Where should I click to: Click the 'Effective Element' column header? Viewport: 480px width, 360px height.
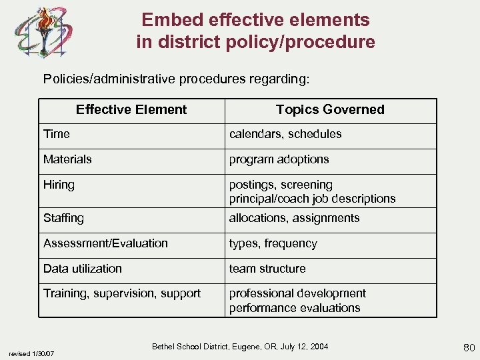pyautogui.click(x=131, y=110)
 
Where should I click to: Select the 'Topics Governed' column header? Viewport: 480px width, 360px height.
pyautogui.click(x=330, y=110)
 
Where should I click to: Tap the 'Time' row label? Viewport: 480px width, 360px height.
pyautogui.click(x=57, y=134)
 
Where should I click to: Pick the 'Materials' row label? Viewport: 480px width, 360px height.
pyautogui.click(x=67, y=159)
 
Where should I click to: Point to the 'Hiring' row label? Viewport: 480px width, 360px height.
pyautogui.click(x=59, y=185)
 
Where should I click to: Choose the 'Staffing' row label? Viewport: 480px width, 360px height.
pyautogui.click(x=63, y=218)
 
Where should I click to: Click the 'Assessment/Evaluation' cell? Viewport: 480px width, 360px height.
pyautogui.click(x=105, y=243)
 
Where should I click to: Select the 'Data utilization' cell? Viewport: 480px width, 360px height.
pyautogui.click(x=83, y=269)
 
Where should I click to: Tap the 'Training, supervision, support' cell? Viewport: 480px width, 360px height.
pyautogui.click(x=122, y=293)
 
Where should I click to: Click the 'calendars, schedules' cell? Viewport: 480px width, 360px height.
pyautogui.click(x=285, y=134)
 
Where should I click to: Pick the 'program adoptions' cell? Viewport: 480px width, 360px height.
pyautogui.click(x=279, y=159)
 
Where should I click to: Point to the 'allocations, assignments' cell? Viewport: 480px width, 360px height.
pyautogui.click(x=294, y=218)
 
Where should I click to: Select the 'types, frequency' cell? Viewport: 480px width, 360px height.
pyautogui.click(x=273, y=243)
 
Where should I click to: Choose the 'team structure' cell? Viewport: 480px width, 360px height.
pyautogui.click(x=267, y=269)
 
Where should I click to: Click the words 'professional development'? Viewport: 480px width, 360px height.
pyautogui.click(x=297, y=293)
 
